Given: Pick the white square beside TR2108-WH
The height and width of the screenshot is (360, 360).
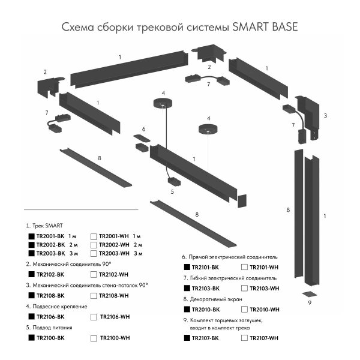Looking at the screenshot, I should tap(93, 296).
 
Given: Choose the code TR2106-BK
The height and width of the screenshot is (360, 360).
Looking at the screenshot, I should tap(50, 317).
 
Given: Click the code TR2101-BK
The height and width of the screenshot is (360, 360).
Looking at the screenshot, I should tap(203, 267).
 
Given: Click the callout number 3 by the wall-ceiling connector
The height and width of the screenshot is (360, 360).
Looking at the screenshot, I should tap(325, 115).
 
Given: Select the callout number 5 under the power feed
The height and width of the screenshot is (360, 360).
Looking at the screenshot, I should tap(172, 191).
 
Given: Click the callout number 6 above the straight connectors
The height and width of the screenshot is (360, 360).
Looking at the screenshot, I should tap(144, 129).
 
